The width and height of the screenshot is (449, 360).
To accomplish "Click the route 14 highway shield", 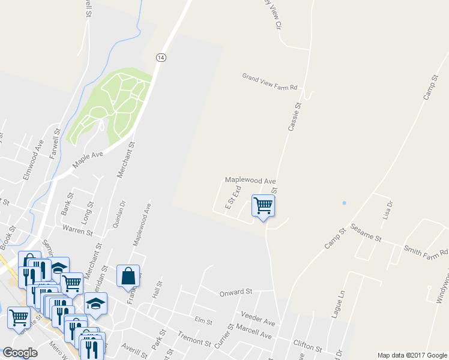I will click(160, 57).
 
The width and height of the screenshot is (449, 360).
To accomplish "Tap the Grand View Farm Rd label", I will click(270, 82).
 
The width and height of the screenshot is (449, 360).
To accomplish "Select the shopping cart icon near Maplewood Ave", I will click(263, 206).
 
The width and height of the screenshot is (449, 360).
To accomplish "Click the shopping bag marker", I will click(129, 276).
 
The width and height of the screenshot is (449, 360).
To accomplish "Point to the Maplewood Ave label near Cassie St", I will click(250, 181).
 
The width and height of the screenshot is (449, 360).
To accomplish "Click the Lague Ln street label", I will click(343, 305).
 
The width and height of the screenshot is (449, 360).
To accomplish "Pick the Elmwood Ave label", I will click(32, 158).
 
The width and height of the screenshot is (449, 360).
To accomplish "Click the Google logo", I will click(20, 353).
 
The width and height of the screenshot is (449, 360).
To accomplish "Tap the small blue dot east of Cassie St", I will click(344, 203).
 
